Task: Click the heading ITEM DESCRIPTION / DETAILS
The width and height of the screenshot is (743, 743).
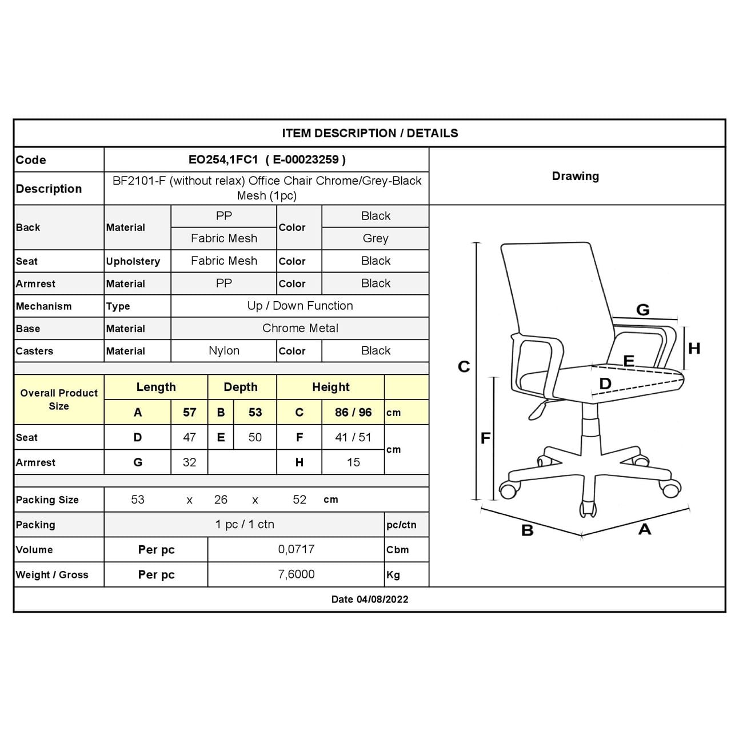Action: (370, 133)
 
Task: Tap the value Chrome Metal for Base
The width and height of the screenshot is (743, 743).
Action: (300, 329)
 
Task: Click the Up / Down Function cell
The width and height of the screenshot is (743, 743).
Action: (300, 306)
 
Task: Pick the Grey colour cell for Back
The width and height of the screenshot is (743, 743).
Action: (376, 238)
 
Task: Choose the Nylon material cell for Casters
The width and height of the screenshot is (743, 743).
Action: (224, 351)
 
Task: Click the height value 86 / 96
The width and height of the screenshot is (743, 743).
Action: (353, 413)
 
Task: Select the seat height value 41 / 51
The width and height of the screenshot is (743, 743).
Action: (353, 438)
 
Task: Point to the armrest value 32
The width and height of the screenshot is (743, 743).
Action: (189, 462)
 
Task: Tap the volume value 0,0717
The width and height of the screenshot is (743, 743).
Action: (296, 550)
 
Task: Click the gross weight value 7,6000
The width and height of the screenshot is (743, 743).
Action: (296, 574)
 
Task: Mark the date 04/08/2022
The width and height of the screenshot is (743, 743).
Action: (382, 600)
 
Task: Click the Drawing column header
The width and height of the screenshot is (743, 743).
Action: (576, 176)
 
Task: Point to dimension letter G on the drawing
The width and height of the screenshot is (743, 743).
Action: (643, 310)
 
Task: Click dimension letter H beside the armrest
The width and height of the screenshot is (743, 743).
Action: (694, 349)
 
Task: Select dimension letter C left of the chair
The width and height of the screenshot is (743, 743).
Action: (464, 367)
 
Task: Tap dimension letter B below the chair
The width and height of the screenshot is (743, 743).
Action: (528, 531)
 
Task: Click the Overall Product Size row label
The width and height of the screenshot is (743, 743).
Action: (59, 400)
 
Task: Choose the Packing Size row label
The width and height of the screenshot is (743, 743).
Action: (47, 500)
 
